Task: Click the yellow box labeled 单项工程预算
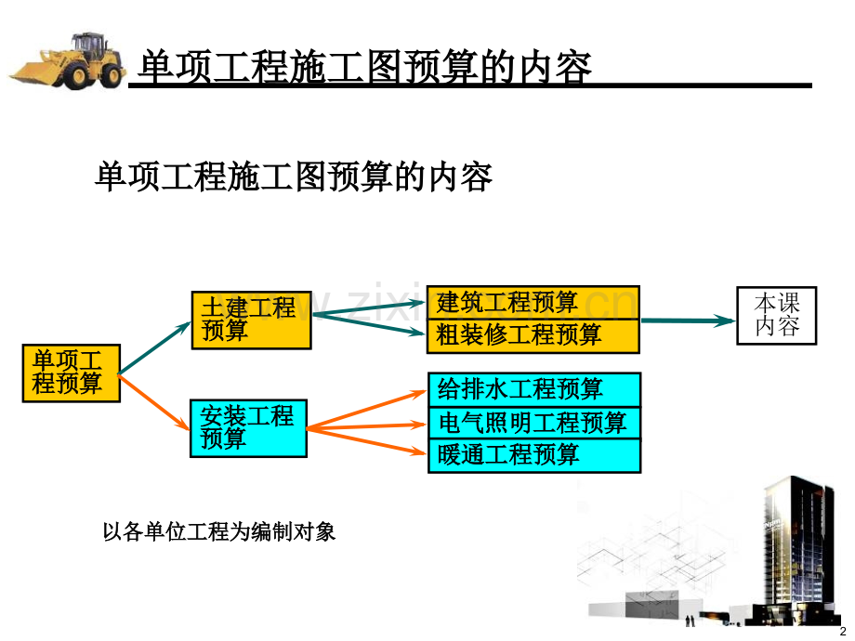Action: point(72,373)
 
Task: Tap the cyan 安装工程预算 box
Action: point(248,427)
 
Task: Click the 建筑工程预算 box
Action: point(533,303)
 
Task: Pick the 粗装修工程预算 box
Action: point(533,335)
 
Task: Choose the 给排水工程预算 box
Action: point(533,389)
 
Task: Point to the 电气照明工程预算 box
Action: point(533,423)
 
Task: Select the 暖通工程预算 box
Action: point(533,455)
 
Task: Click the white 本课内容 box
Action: point(776,316)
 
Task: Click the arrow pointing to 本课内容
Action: point(688,320)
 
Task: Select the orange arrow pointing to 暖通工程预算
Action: point(367,441)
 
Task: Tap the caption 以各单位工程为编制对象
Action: point(218,532)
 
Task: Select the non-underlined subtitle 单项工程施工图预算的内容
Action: point(293,176)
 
